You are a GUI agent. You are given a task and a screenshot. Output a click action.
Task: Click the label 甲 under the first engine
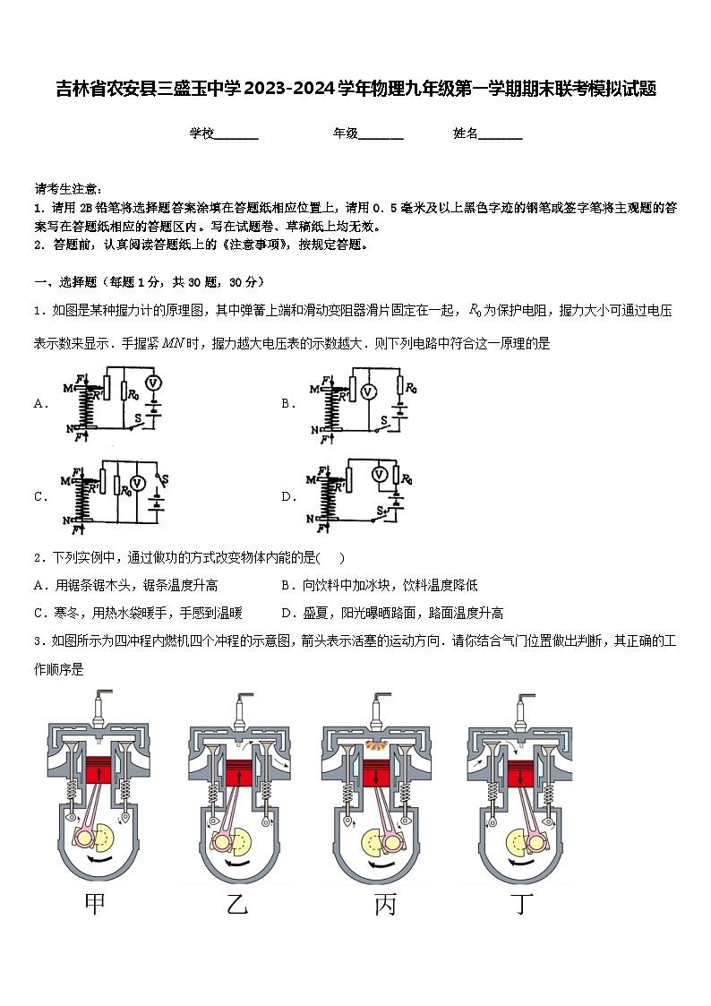click(94, 905)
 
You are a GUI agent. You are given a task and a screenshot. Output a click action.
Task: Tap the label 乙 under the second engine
click(237, 905)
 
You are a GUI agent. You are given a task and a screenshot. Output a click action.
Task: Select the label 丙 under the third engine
click(384, 905)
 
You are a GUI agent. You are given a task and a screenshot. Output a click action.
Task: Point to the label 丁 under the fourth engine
click(521, 905)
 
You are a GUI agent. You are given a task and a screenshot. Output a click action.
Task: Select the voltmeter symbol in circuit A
click(152, 383)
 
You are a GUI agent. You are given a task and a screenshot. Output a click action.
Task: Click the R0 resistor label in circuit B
click(410, 388)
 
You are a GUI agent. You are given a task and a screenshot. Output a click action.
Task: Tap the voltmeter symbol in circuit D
click(380, 474)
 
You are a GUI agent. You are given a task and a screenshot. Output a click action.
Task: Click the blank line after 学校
click(236, 134)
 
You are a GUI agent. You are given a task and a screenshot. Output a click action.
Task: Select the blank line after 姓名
click(501, 134)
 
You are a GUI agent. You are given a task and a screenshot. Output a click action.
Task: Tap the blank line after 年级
click(381, 134)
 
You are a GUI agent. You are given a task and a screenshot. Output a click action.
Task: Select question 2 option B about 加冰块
click(379, 585)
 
